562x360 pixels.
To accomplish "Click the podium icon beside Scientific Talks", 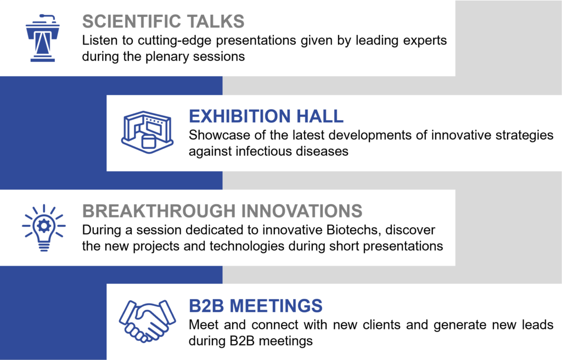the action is click(x=43, y=38).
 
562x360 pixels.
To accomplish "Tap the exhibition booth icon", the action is click(x=147, y=132).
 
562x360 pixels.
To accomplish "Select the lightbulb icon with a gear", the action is click(x=44, y=228).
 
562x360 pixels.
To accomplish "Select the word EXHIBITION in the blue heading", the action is click(x=240, y=116).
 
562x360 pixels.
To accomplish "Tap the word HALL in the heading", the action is click(x=320, y=116).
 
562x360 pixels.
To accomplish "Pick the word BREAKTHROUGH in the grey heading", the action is click(x=159, y=211).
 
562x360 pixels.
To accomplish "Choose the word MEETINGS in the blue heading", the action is click(x=276, y=306).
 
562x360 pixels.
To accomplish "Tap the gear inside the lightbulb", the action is click(x=44, y=226).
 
